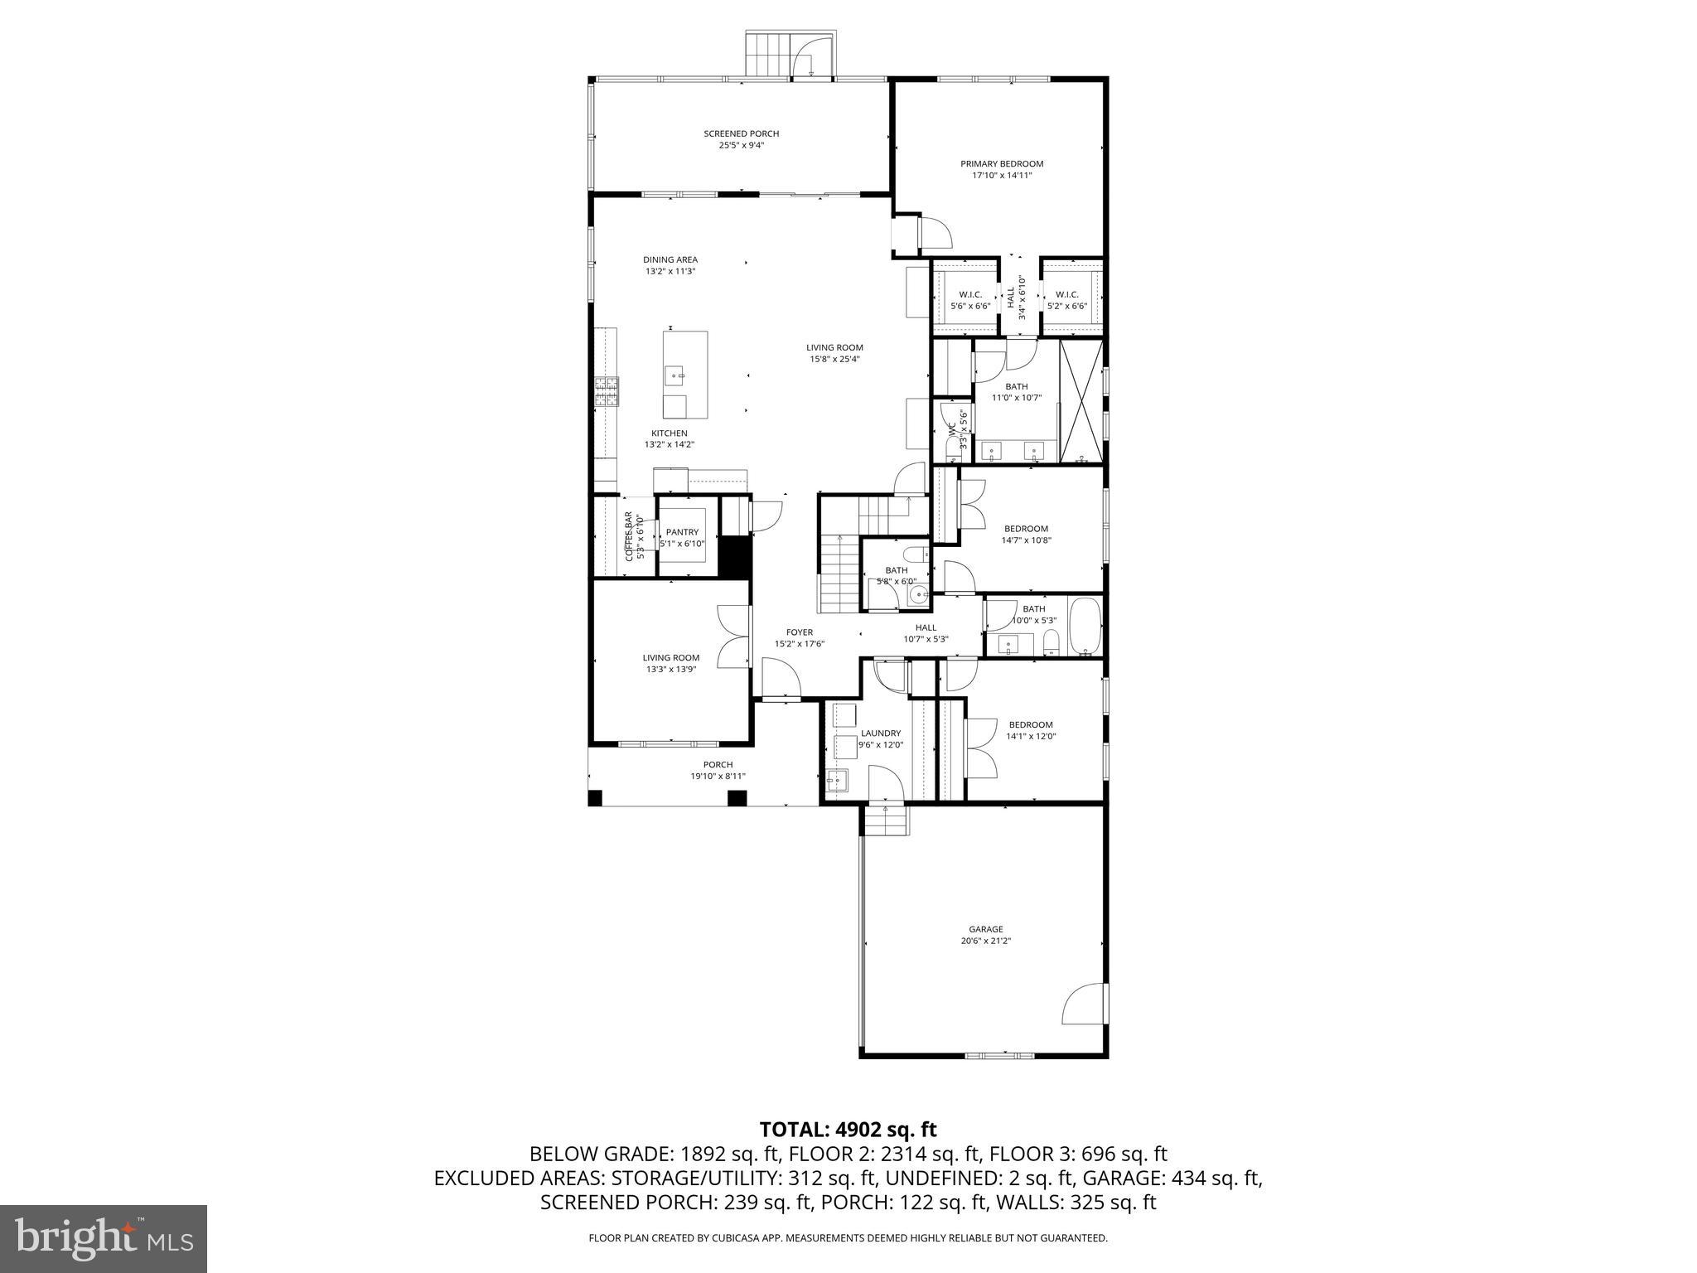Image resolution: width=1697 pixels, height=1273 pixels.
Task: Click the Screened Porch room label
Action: (741, 133)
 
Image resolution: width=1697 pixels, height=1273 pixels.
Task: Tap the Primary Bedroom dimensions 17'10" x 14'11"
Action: (1002, 176)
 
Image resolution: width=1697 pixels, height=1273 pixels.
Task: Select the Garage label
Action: (985, 929)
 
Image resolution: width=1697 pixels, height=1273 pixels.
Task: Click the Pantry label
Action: (682, 532)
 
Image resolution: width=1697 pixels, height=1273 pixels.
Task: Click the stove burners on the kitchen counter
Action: (607, 391)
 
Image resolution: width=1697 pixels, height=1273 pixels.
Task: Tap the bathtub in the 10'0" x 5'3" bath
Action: (1084, 627)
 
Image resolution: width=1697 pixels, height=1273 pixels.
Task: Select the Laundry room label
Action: (880, 733)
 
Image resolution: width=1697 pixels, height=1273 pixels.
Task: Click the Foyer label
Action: (800, 632)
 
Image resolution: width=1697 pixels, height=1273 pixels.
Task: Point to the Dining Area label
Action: (670, 259)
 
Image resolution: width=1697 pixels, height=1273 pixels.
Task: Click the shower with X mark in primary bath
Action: (1081, 399)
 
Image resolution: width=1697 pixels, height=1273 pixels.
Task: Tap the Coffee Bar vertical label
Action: (629, 536)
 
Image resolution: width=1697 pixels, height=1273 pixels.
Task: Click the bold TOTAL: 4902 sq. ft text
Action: (848, 1129)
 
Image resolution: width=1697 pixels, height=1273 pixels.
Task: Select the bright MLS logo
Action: (104, 1239)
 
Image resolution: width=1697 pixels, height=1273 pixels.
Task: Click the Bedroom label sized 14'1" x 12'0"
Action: (1031, 724)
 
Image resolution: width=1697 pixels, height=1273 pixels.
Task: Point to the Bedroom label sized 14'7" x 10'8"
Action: (1026, 529)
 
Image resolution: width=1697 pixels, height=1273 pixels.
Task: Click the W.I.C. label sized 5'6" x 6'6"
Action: (970, 295)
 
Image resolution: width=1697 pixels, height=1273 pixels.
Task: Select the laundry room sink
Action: (838, 780)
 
